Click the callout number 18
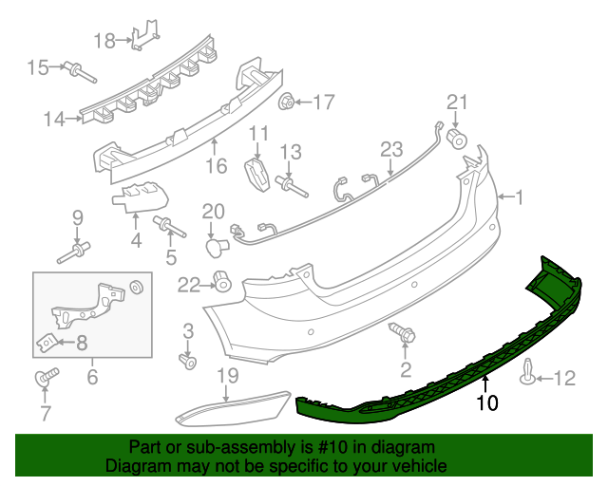click(104, 40)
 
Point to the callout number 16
click(216, 166)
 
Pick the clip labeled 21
click(457, 139)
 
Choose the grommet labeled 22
click(223, 281)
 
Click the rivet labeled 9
click(75, 252)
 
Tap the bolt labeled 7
click(45, 379)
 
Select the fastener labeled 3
click(188, 361)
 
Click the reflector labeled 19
click(233, 407)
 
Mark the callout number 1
click(520, 197)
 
